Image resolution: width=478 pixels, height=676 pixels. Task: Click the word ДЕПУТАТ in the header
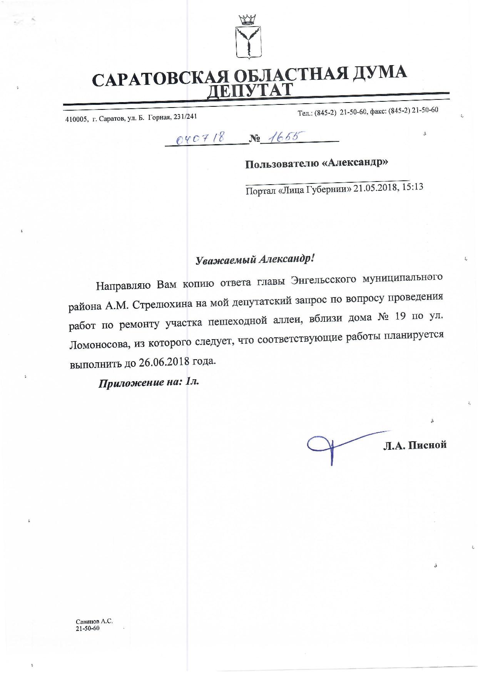pyautogui.click(x=250, y=90)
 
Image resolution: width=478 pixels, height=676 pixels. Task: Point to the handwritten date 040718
pyautogui.click(x=200, y=138)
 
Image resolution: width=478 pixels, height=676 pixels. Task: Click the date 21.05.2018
pyautogui.click(x=375, y=188)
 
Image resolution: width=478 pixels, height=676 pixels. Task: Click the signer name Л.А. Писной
pyautogui.click(x=415, y=445)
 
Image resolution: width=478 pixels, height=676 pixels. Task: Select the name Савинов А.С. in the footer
pyautogui.click(x=94, y=622)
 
